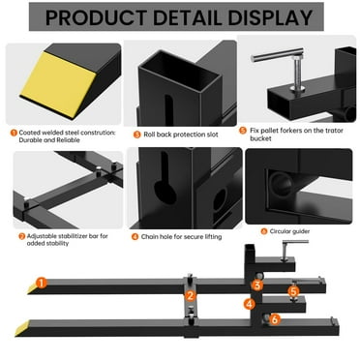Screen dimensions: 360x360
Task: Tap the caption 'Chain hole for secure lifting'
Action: (185, 235)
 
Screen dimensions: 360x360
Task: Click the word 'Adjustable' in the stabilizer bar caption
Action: (43, 235)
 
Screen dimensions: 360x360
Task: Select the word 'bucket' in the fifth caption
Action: (264, 138)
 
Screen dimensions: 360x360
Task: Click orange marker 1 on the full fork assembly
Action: (42, 283)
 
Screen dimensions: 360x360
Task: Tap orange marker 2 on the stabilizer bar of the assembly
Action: (191, 295)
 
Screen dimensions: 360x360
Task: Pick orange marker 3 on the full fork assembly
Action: (257, 285)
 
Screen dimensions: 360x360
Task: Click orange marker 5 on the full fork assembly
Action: (293, 290)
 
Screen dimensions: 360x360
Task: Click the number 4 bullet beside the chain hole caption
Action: (137, 235)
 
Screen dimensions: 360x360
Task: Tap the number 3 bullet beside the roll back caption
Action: (137, 134)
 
